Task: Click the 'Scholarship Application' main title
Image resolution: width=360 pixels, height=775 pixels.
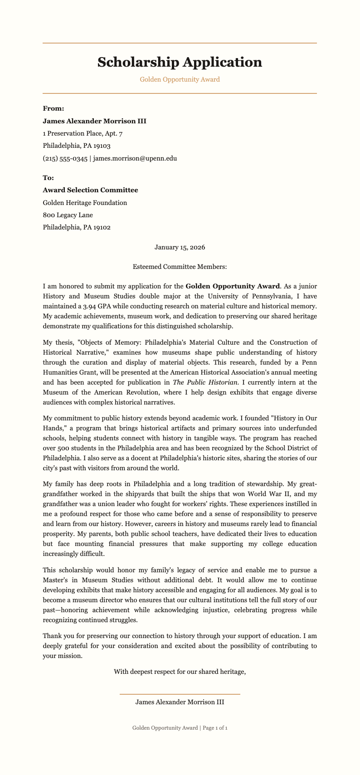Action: [180, 62]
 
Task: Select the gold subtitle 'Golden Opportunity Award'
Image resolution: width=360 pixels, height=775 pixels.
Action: [180, 79]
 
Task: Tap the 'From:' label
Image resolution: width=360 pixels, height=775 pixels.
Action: [53, 108]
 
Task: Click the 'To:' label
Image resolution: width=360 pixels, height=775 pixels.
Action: [48, 177]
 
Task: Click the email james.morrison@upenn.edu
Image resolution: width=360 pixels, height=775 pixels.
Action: [135, 158]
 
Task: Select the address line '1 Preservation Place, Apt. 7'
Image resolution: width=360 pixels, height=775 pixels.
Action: [83, 133]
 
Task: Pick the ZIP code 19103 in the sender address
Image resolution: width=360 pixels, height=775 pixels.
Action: [102, 146]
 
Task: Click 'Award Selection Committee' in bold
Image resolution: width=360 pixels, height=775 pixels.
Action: [90, 190]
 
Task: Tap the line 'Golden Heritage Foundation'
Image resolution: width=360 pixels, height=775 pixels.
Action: [85, 203]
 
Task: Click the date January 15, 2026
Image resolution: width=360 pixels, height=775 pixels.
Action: [180, 248]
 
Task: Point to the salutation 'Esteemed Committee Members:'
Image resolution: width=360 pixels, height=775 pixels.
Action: [180, 267]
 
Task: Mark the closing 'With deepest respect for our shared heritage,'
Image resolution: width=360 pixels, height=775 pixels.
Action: [180, 672]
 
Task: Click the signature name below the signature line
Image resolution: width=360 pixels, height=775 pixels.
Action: [180, 702]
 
